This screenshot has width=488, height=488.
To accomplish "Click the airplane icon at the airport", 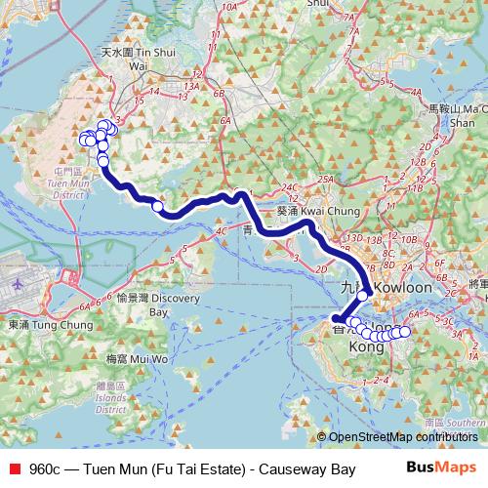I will (20, 282).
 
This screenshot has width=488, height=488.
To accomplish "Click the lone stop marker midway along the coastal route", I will (157, 206).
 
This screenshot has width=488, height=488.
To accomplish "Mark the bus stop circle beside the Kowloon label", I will (362, 295).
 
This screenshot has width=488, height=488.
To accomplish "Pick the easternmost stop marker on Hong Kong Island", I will (405, 332).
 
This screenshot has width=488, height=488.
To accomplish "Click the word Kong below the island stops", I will (366, 347).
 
